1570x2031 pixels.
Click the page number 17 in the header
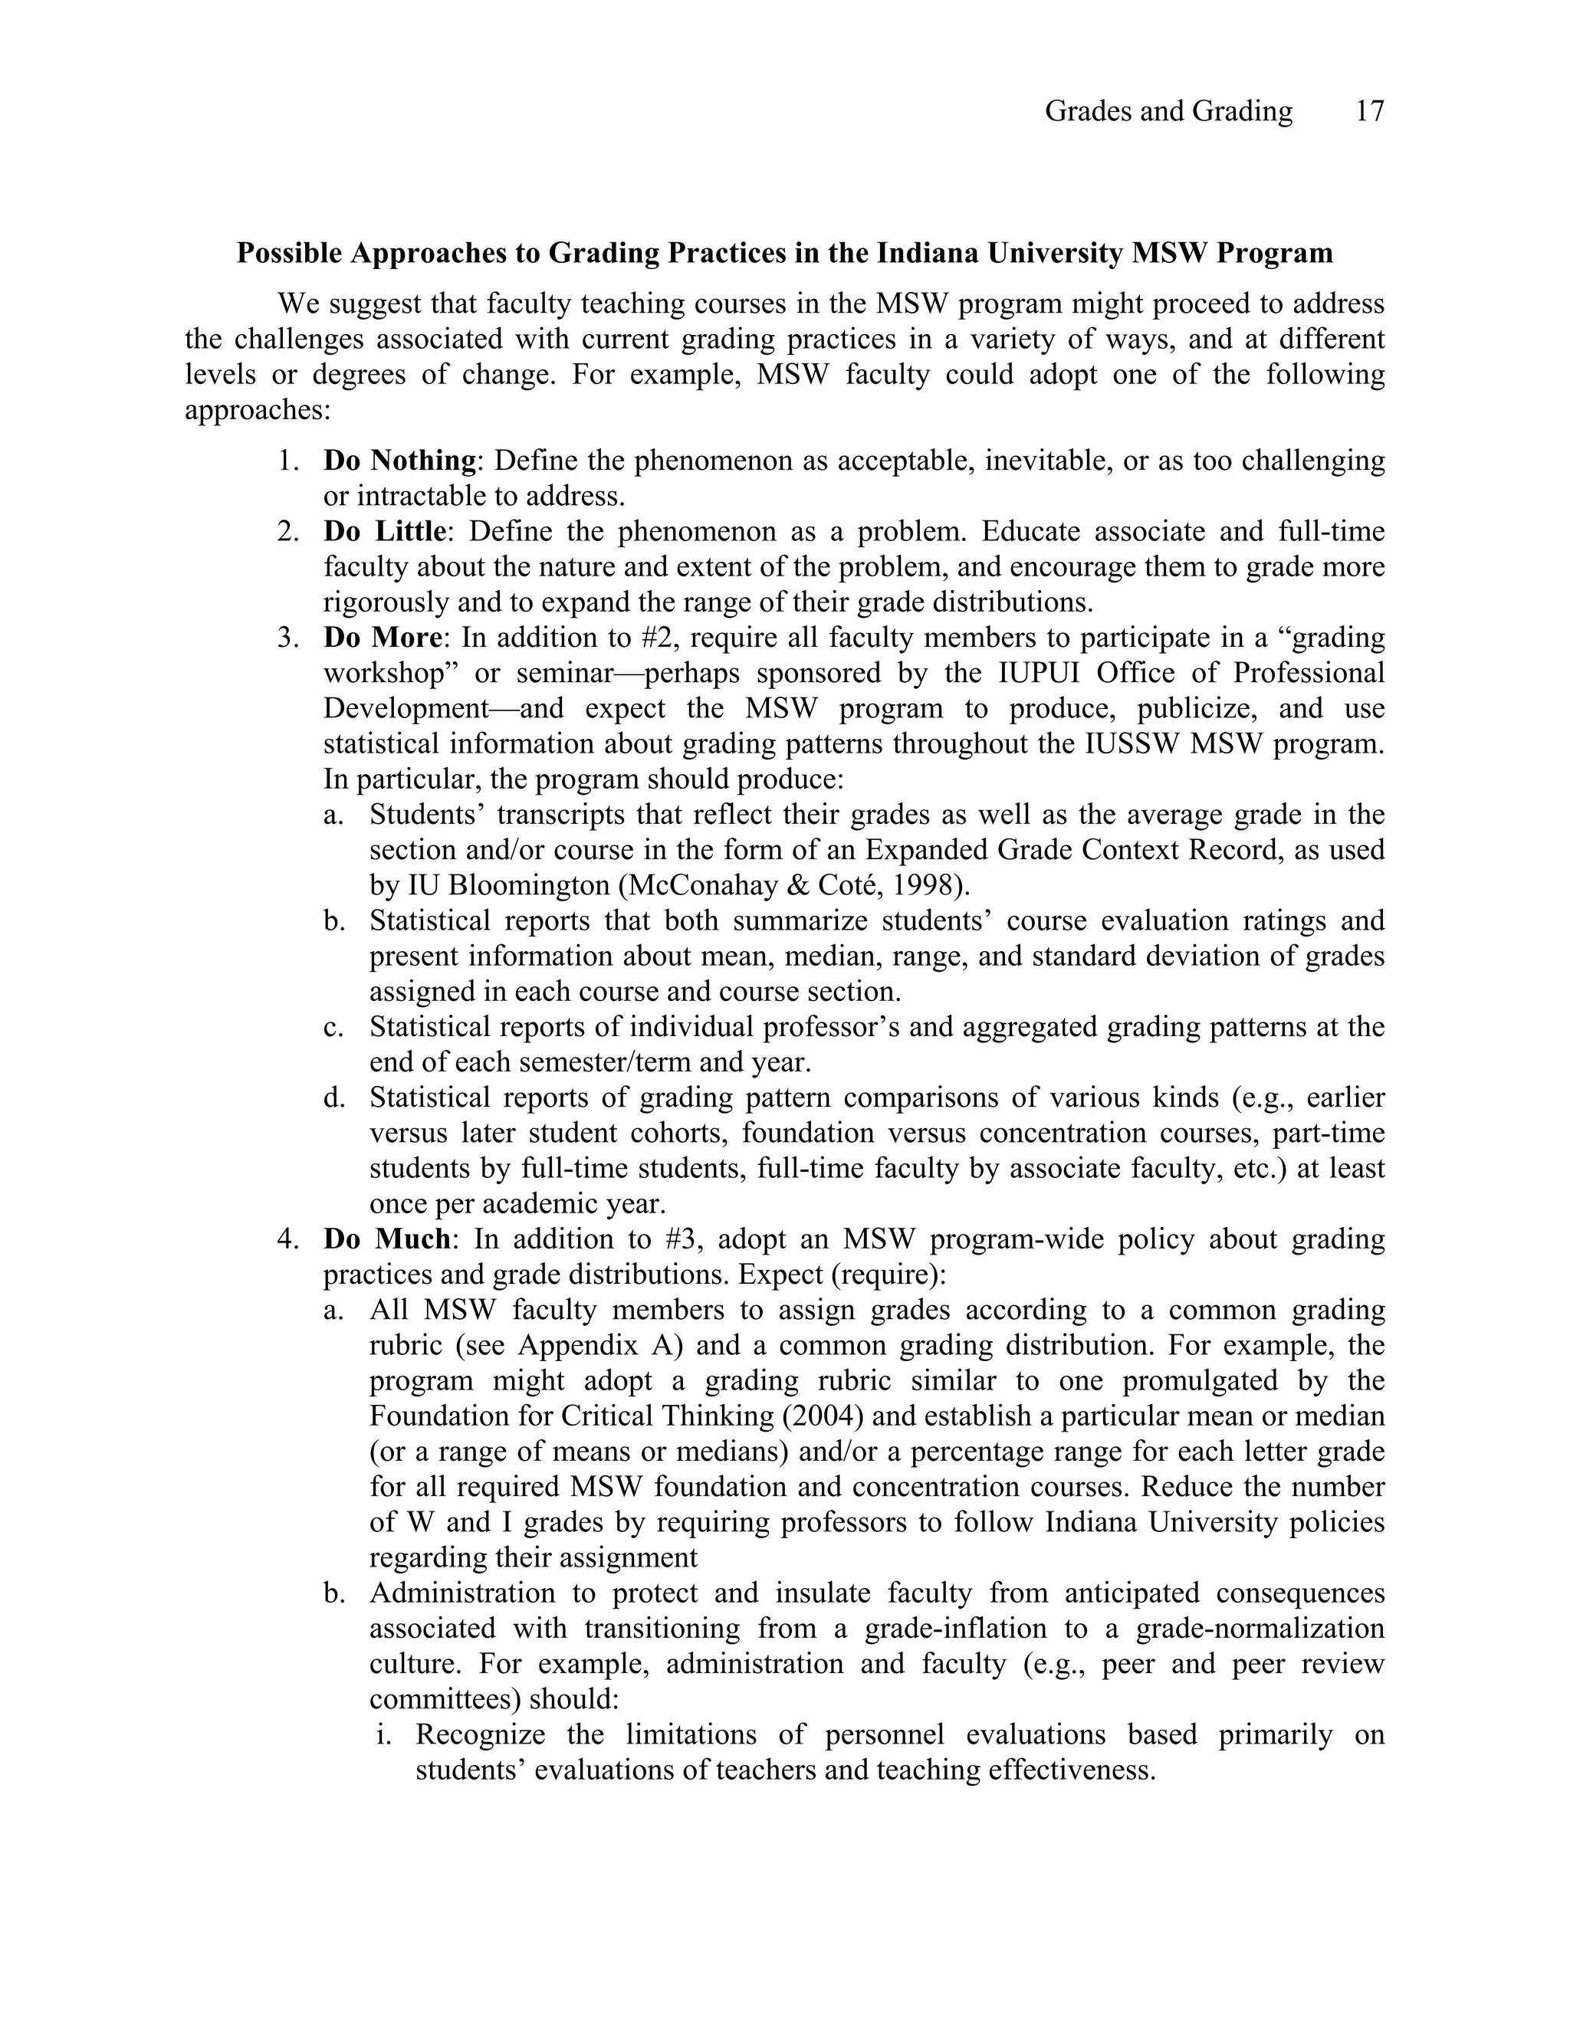pyautogui.click(x=1369, y=112)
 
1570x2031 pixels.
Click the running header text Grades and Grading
pyautogui.click(x=1168, y=112)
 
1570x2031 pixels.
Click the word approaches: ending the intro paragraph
pyautogui.click(x=258, y=410)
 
